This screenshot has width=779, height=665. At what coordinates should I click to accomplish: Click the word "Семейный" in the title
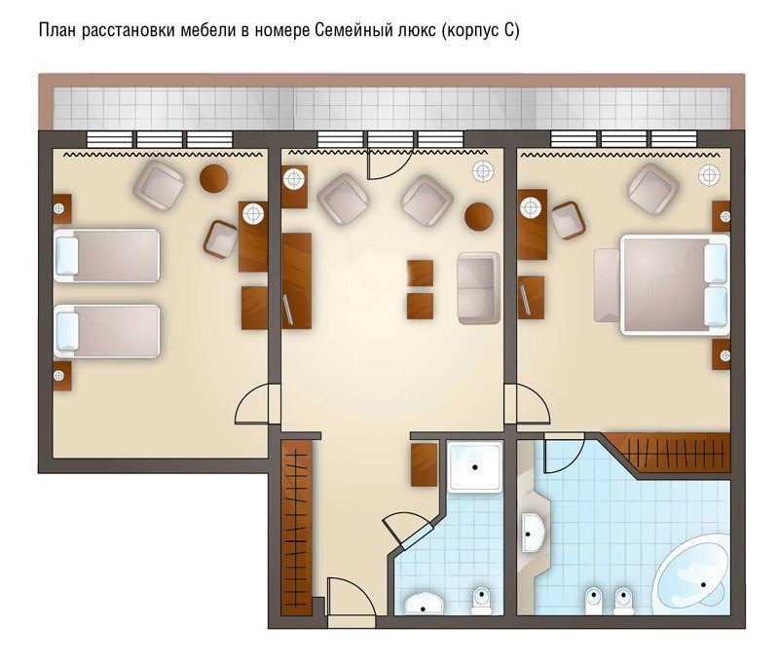click(354, 31)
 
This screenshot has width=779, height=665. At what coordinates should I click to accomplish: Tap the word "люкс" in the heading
click(418, 31)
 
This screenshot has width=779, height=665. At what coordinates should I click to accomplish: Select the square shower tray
click(474, 466)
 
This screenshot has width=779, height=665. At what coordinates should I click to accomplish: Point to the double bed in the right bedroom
click(675, 284)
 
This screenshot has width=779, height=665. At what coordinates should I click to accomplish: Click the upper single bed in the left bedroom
click(106, 255)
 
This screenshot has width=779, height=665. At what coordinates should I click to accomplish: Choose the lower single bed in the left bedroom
click(106, 331)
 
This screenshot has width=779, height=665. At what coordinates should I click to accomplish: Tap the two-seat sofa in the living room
click(478, 288)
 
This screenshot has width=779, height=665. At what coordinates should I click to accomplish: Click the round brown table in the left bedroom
click(214, 178)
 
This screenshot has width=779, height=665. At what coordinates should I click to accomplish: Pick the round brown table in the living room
click(479, 216)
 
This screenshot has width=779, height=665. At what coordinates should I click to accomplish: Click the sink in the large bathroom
click(534, 533)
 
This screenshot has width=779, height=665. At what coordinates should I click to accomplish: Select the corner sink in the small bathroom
click(423, 603)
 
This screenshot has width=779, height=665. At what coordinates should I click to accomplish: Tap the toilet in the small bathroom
click(481, 601)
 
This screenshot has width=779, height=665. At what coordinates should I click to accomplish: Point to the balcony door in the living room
click(388, 164)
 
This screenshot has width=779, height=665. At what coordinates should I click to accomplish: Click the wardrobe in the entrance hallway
click(297, 528)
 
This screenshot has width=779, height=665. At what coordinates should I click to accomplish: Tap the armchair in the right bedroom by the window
click(653, 188)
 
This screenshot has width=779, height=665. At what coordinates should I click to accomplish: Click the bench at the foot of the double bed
click(607, 285)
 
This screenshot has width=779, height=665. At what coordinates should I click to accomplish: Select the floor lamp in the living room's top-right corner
click(483, 171)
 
